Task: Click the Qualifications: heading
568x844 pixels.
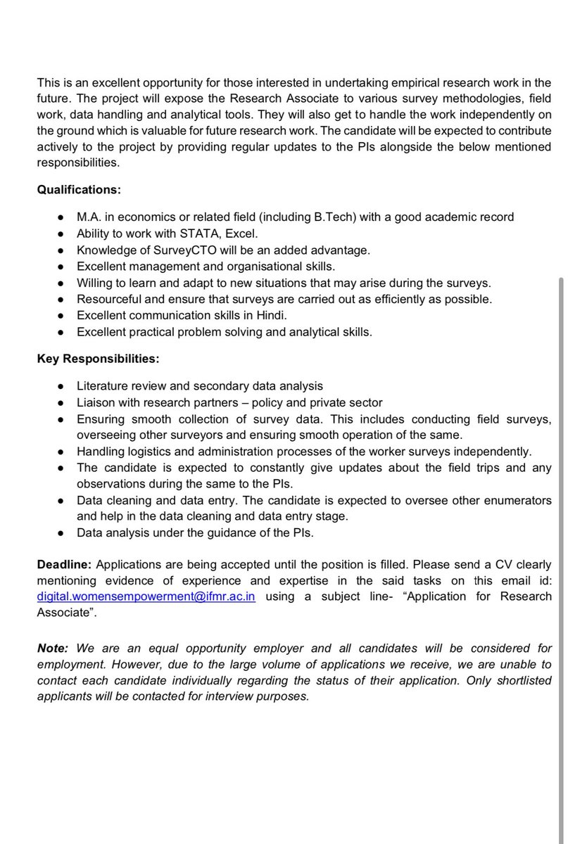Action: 79,189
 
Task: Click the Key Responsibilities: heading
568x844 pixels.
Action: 98,358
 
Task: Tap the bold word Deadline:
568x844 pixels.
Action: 65,565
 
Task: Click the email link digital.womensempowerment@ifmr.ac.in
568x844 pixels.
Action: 146,596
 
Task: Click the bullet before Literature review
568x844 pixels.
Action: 62,386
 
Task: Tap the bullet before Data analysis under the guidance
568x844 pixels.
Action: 62,532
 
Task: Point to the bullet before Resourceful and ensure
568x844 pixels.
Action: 62,299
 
